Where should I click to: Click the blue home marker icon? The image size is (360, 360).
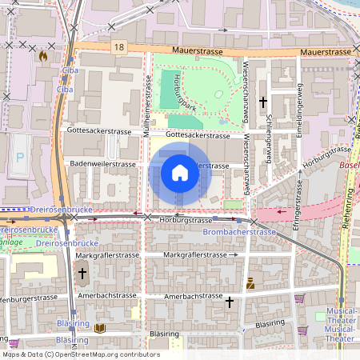[x=180, y=174]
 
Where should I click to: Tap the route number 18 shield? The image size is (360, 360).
[x=118, y=48]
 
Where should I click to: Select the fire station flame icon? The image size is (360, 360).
[x=42, y=57]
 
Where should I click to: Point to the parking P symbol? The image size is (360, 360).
[x=20, y=160]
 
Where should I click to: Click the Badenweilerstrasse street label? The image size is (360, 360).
[x=103, y=164]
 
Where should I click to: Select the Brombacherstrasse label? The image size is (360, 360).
[x=239, y=232]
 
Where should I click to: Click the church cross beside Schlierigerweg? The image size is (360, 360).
[x=263, y=102]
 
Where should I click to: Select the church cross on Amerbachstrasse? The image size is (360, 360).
[x=230, y=302]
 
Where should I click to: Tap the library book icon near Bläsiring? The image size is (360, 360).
[x=100, y=328]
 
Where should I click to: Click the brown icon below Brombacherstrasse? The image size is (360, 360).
[x=250, y=282]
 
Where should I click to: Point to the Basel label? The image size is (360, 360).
[x=350, y=166]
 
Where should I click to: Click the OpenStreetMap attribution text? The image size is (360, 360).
[x=80, y=354]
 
